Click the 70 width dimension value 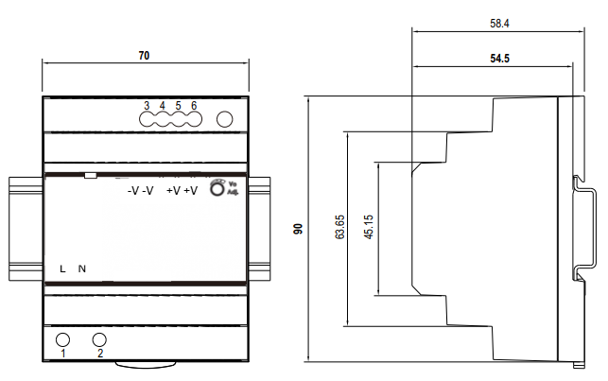click(145, 57)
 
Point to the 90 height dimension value click(297, 228)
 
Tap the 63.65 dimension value click(339, 230)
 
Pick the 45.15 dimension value click(368, 228)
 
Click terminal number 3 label click(147, 105)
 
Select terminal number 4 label click(163, 105)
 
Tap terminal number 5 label click(179, 105)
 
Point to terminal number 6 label click(194, 105)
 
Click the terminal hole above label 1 click(63, 339)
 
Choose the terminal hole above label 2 click(99, 339)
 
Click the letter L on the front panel click(62, 269)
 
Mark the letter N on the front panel click(82, 269)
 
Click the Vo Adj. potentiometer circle click(217, 189)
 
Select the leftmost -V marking click(132, 191)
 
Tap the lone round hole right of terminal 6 click(225, 120)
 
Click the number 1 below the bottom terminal click(63, 355)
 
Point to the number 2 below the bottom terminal click(100, 355)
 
